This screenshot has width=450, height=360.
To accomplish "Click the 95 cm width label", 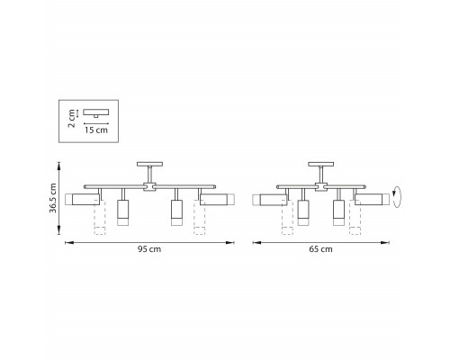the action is pyautogui.click(x=149, y=249).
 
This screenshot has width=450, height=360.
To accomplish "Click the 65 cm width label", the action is pyautogui.click(x=320, y=249).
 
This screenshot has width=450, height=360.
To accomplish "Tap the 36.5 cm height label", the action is pyautogui.click(x=53, y=198).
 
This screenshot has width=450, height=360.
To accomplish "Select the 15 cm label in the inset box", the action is pyautogui.click(x=96, y=130).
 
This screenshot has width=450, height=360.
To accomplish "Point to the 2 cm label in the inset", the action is pyautogui.click(x=72, y=119).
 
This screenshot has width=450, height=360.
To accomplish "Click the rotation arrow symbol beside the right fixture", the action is pyautogui.click(x=397, y=197).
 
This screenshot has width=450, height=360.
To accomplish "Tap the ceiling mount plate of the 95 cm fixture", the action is pyautogui.click(x=149, y=164).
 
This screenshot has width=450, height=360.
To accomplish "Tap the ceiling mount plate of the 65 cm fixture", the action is pyautogui.click(x=321, y=164).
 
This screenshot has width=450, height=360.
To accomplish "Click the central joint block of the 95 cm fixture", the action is pyautogui.click(x=149, y=187).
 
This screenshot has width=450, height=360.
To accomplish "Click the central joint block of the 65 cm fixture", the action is pyautogui.click(x=321, y=187).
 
